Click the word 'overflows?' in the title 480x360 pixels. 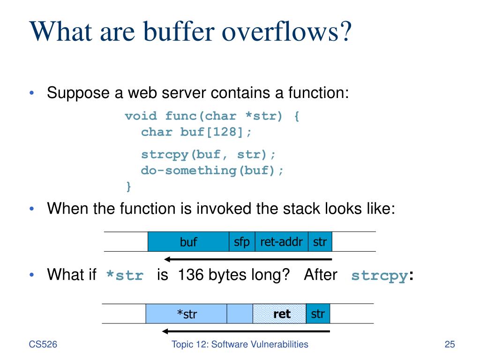[x=285, y=33]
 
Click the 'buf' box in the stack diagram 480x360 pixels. [x=188, y=242]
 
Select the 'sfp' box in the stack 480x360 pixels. [x=242, y=242]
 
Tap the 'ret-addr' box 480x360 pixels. [x=281, y=242]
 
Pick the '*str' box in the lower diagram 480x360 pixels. [x=187, y=314]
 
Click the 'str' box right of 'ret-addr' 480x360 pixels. [x=320, y=242]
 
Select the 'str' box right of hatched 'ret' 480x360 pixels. [x=318, y=314]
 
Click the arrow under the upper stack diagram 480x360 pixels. [x=248, y=259]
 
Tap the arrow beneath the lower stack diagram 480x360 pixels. [x=246, y=331]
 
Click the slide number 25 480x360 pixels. [x=450, y=345]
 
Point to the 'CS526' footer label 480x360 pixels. [x=43, y=345]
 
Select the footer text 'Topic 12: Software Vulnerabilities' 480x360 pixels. [x=240, y=345]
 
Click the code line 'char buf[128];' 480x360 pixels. [x=196, y=132]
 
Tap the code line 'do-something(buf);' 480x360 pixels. [x=212, y=170]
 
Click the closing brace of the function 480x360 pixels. [x=128, y=187]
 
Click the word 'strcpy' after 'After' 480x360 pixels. [x=379, y=276]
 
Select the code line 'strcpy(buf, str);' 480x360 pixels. [x=209, y=154]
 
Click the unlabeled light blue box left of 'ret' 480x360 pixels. [x=240, y=314]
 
